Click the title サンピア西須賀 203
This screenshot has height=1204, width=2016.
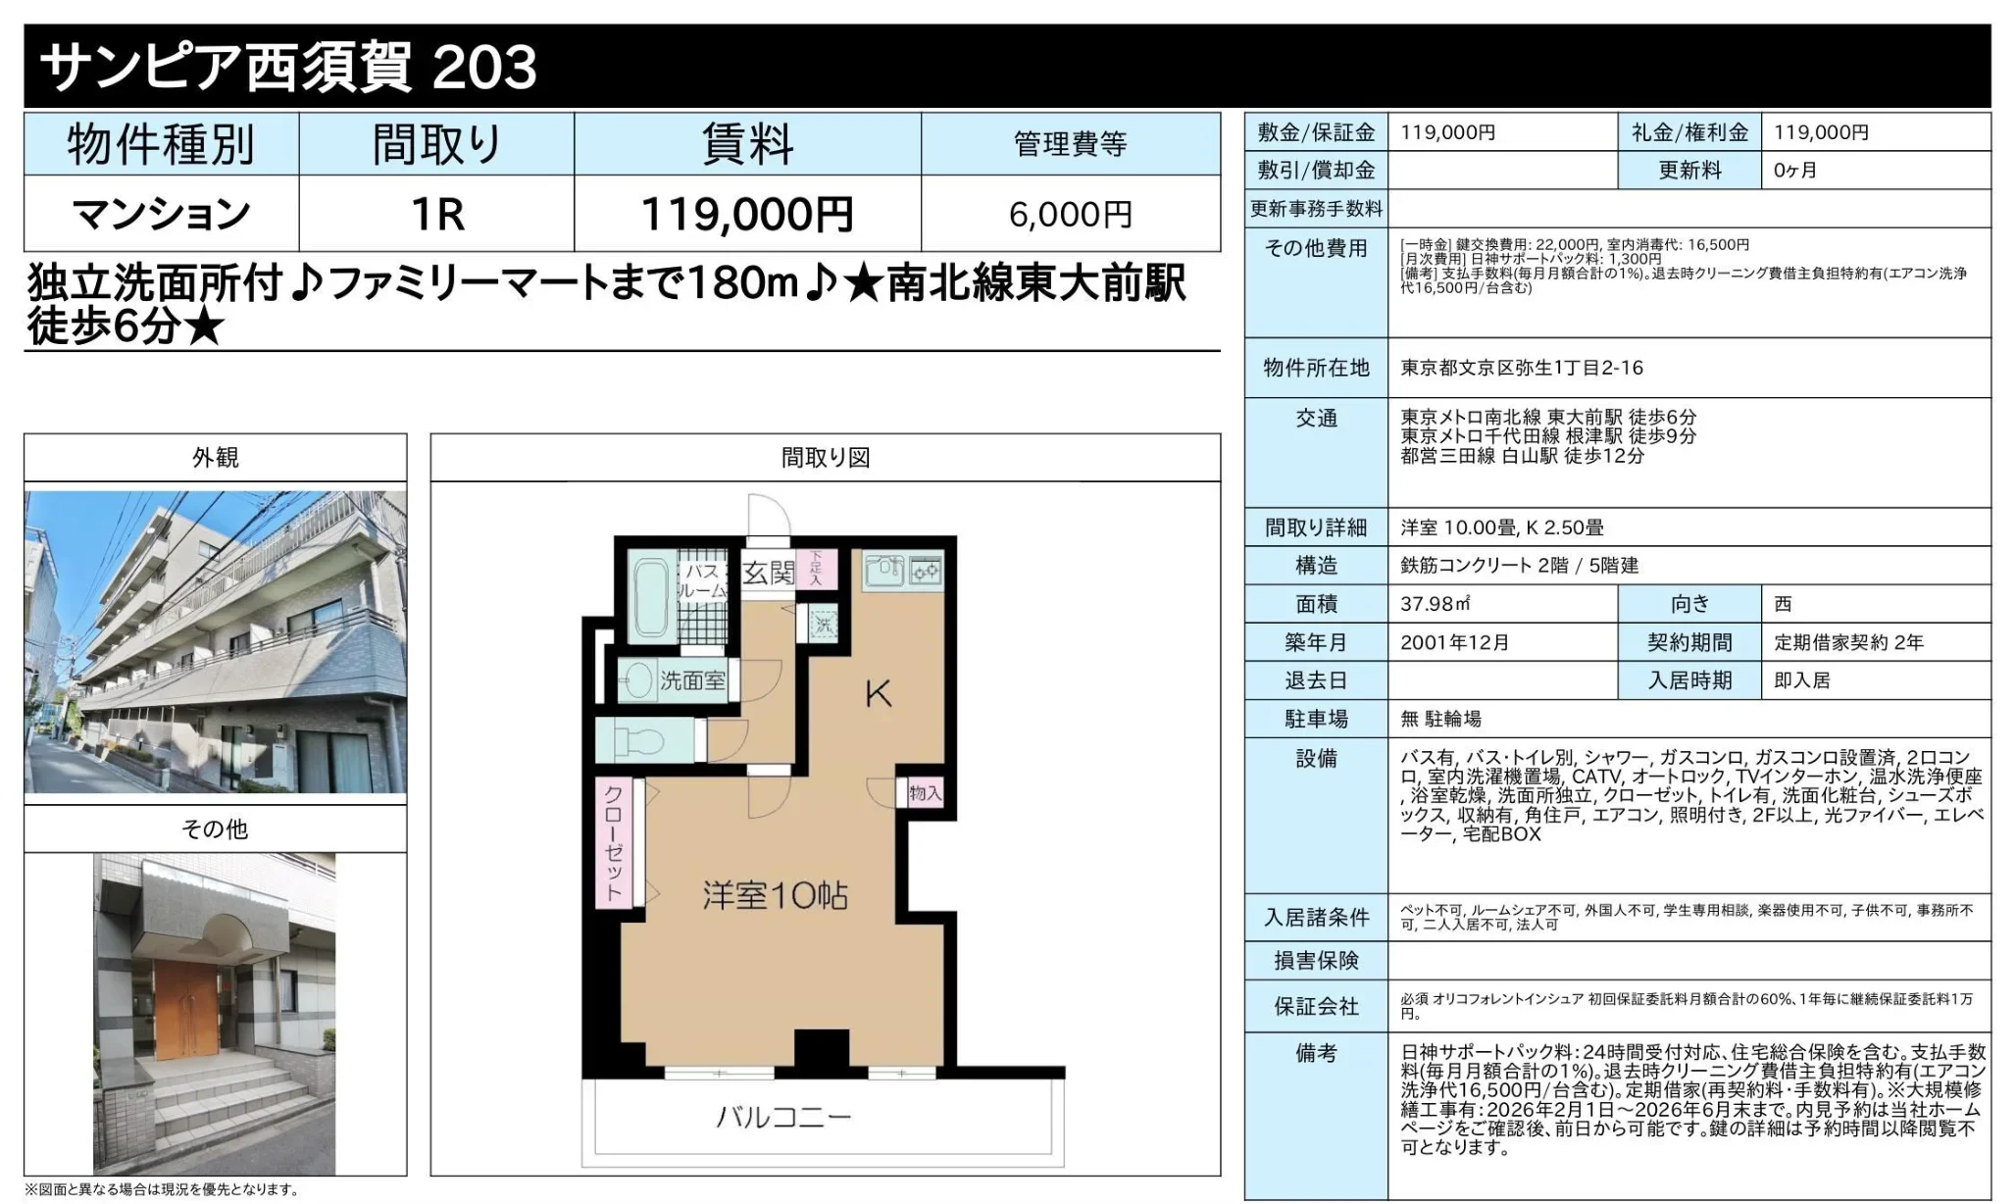(288, 67)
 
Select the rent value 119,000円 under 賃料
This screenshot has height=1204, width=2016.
(747, 214)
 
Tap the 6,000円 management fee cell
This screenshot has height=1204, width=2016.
(1070, 214)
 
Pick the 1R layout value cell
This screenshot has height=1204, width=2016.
(436, 214)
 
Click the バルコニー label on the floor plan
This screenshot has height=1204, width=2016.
(783, 1117)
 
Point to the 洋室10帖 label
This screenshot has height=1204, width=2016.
(775, 895)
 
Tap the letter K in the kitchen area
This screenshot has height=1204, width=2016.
(878, 694)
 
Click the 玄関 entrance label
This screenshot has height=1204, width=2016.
(768, 573)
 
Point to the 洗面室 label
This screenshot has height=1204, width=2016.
(692, 680)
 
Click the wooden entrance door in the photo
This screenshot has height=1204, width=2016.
(186, 1009)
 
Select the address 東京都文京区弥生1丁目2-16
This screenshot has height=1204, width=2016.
(1521, 368)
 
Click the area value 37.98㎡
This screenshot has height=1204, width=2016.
(1435, 604)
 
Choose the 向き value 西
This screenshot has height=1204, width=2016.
(1783, 604)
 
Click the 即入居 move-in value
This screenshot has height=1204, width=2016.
(1801, 680)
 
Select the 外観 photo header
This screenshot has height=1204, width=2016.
(215, 458)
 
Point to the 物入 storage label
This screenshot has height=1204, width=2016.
(925, 792)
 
